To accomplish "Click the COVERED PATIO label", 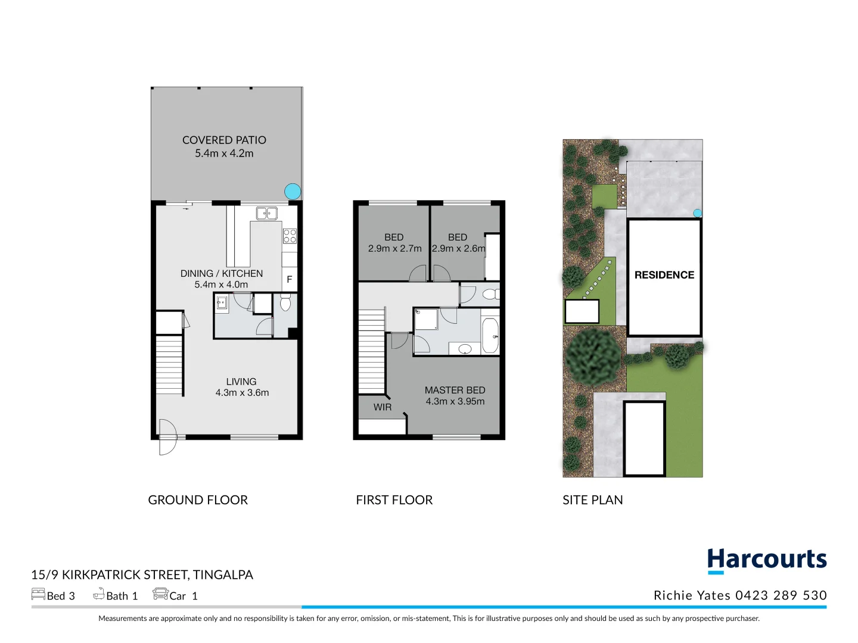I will pos(224,140).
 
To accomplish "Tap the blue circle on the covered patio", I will pos(293,191).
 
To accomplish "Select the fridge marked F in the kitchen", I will pos(290,279).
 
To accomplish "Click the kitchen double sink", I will pos(267,213).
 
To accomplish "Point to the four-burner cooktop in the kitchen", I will pos(290,236).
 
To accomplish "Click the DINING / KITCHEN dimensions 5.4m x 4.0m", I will pos(221,285).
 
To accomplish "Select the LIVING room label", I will pos(241,382).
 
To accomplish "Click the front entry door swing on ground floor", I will pos(167,437).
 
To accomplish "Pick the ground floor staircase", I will pos(169,364).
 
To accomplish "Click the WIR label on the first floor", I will pos(383,407).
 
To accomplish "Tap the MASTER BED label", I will pos(455,390).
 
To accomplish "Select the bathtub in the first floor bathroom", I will pos(490,336).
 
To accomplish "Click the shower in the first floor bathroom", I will pos(426,319).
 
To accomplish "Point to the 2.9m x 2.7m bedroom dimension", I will pos(394,248).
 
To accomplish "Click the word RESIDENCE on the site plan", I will pos(664,275).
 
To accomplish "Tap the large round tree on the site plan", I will pos(593,356).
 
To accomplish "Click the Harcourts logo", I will pos(767,560).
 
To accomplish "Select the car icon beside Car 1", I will pos(160,594).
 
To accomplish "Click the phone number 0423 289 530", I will pos(781,595).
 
